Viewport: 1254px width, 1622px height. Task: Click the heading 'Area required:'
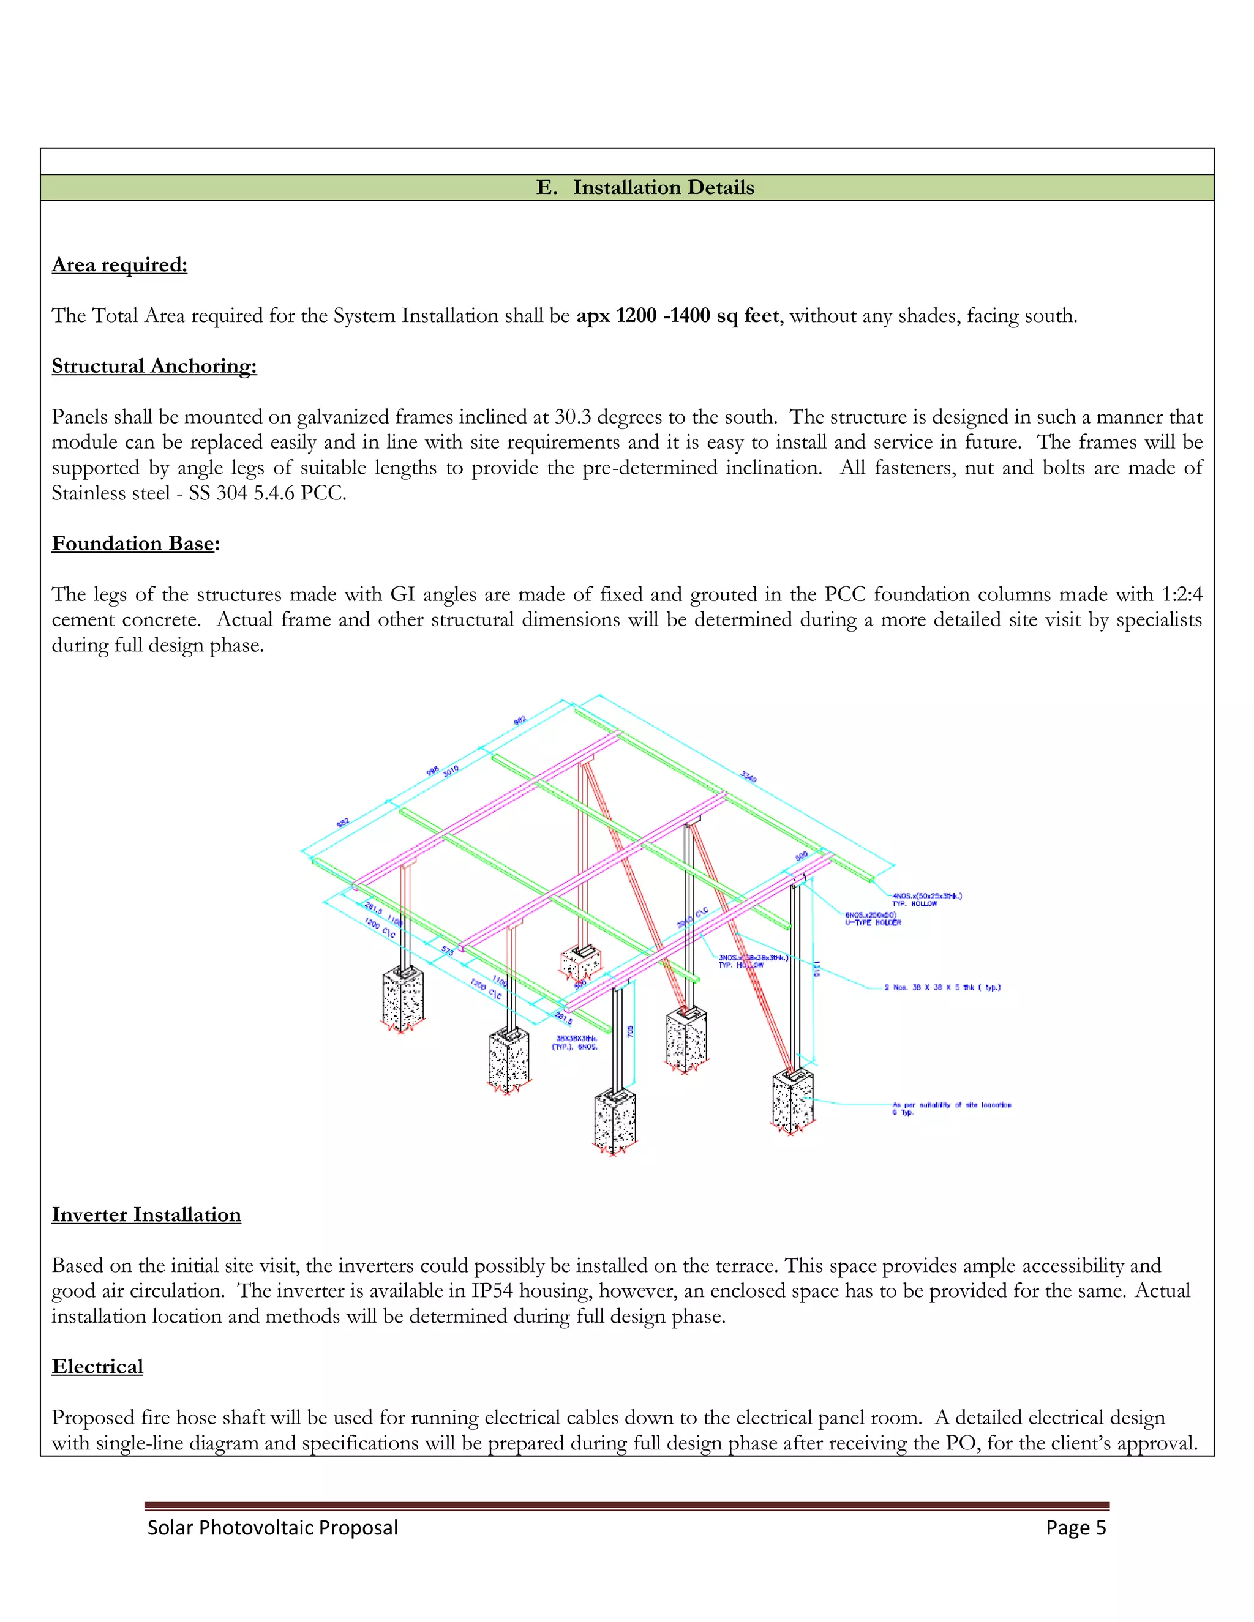[119, 265]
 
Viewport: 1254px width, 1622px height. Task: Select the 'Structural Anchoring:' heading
[154, 366]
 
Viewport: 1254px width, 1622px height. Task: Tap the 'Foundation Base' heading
[133, 544]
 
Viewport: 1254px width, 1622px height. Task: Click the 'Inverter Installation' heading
[146, 1215]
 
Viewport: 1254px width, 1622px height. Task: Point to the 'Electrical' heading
[97, 1367]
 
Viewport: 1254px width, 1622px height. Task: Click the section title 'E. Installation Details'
[645, 188]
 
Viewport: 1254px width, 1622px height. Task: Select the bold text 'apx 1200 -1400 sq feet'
[678, 316]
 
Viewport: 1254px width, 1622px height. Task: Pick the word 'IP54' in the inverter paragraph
[492, 1291]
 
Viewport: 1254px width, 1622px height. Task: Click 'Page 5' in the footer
[1075, 1528]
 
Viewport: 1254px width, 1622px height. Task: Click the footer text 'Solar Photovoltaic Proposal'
[272, 1528]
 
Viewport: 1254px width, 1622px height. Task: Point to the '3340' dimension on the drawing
[748, 777]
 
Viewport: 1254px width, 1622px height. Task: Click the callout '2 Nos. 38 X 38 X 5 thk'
[941, 988]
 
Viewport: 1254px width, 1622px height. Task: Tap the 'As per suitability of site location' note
[951, 1105]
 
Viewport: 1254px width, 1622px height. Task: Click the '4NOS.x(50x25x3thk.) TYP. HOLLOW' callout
[926, 899]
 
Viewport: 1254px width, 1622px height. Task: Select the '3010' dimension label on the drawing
[451, 770]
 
